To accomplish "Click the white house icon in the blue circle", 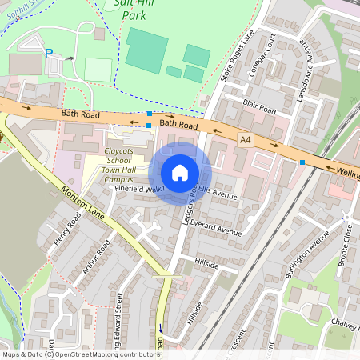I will point(180,173).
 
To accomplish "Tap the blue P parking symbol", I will point(48,53).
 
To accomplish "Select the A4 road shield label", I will point(246,139).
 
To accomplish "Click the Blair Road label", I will point(259,104).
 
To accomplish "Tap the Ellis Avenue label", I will point(218,192).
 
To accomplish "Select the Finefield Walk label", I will point(140,188).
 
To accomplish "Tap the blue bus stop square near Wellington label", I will point(302,162).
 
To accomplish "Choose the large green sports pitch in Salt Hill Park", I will point(146,50).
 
